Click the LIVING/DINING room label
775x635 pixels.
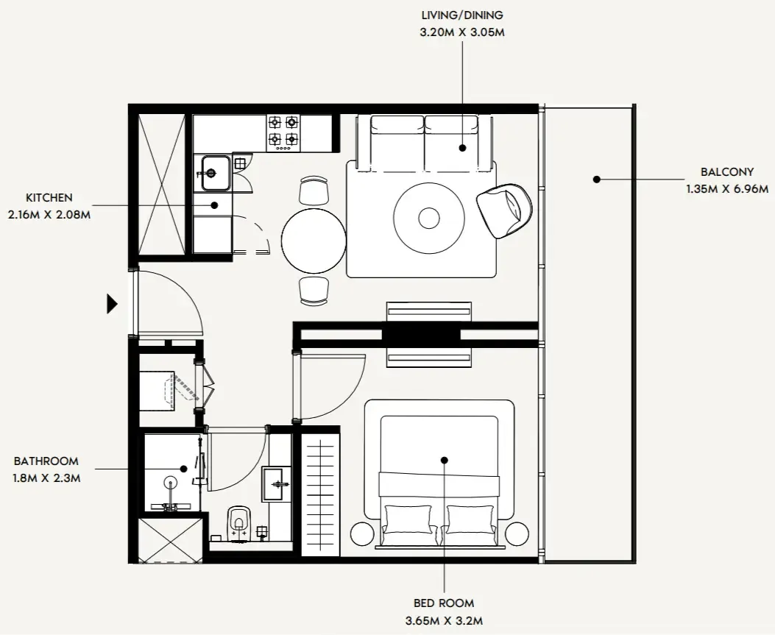point(462,15)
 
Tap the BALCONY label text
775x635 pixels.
point(726,172)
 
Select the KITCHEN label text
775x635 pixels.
point(49,198)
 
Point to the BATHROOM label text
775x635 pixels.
point(46,461)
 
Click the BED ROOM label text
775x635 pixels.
point(444,603)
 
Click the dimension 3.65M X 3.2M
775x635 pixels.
point(444,620)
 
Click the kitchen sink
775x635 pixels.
point(211,174)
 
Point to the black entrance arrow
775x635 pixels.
point(113,304)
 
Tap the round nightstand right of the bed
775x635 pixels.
point(517,533)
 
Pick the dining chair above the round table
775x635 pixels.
point(314,190)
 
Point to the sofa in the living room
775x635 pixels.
point(424,142)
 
